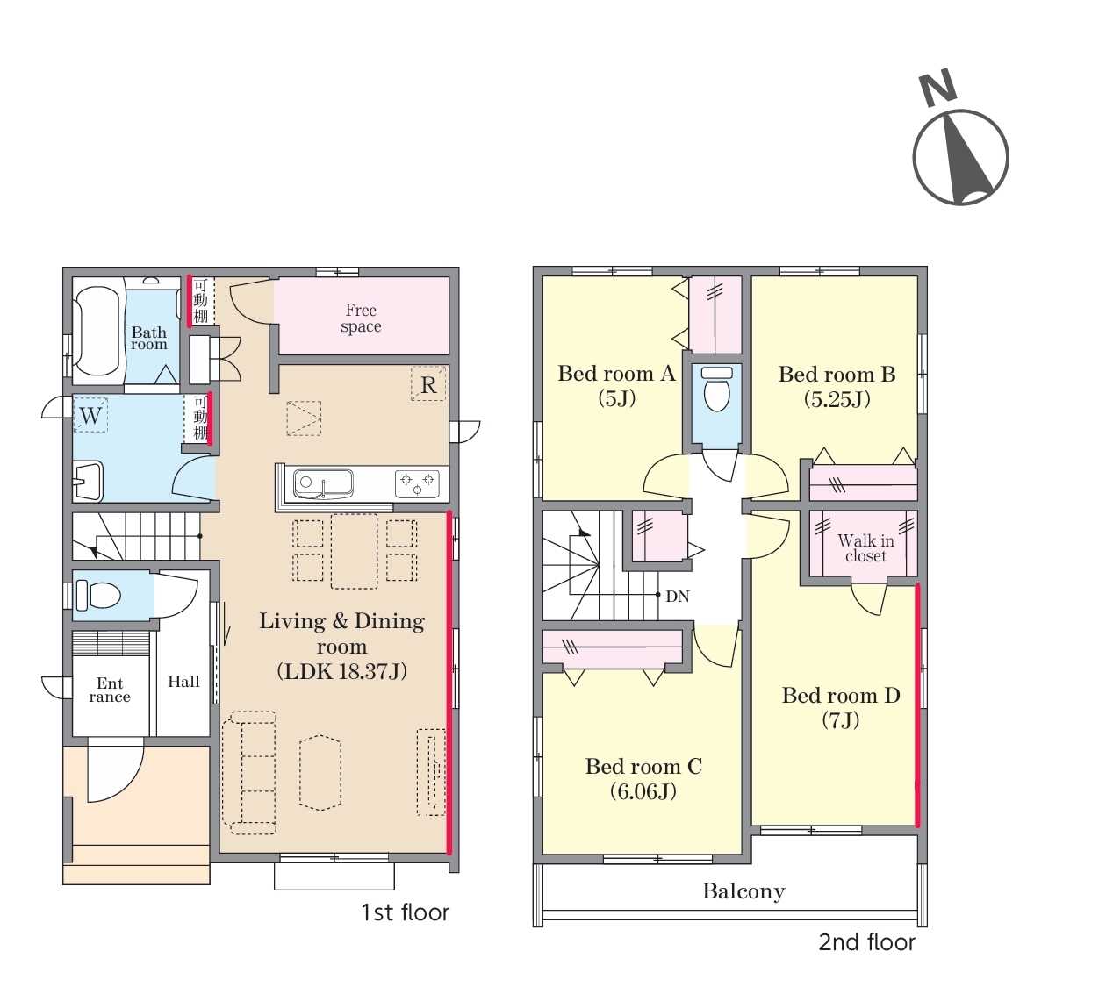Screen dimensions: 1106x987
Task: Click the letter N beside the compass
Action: (937, 88)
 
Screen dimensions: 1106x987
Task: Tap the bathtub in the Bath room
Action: (97, 331)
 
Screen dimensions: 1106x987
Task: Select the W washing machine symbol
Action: (90, 415)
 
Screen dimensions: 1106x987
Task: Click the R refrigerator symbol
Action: (428, 384)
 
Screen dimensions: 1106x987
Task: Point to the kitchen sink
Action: (323, 484)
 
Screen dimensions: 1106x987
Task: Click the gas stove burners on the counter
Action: (418, 483)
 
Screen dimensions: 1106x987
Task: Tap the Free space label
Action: (361, 318)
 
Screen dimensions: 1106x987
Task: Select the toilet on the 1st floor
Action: (98, 595)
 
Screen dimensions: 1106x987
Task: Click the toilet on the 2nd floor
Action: (717, 390)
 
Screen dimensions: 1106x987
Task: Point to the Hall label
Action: (183, 682)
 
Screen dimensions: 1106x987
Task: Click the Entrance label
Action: (110, 690)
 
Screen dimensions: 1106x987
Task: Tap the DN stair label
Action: (678, 597)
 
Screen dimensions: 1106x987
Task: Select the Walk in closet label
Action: (865, 548)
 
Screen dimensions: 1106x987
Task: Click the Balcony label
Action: (743, 890)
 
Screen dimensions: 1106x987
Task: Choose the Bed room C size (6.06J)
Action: (643, 790)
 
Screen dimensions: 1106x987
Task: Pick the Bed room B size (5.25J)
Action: (837, 399)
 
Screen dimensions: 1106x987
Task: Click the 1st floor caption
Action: (405, 912)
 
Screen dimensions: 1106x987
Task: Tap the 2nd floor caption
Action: (866, 942)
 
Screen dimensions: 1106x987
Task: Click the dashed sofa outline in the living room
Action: (249, 773)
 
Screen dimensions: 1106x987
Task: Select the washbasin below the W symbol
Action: (88, 482)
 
